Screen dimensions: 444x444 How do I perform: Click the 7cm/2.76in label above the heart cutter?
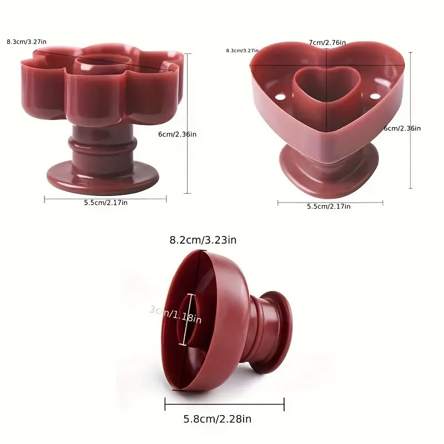click(327, 43)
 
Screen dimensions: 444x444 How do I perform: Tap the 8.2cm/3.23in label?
click(203, 240)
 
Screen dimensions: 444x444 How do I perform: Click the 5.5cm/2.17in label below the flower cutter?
click(106, 203)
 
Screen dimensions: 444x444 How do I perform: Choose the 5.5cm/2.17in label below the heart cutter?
click(329, 206)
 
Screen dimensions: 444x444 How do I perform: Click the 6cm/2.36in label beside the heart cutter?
click(402, 128)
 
